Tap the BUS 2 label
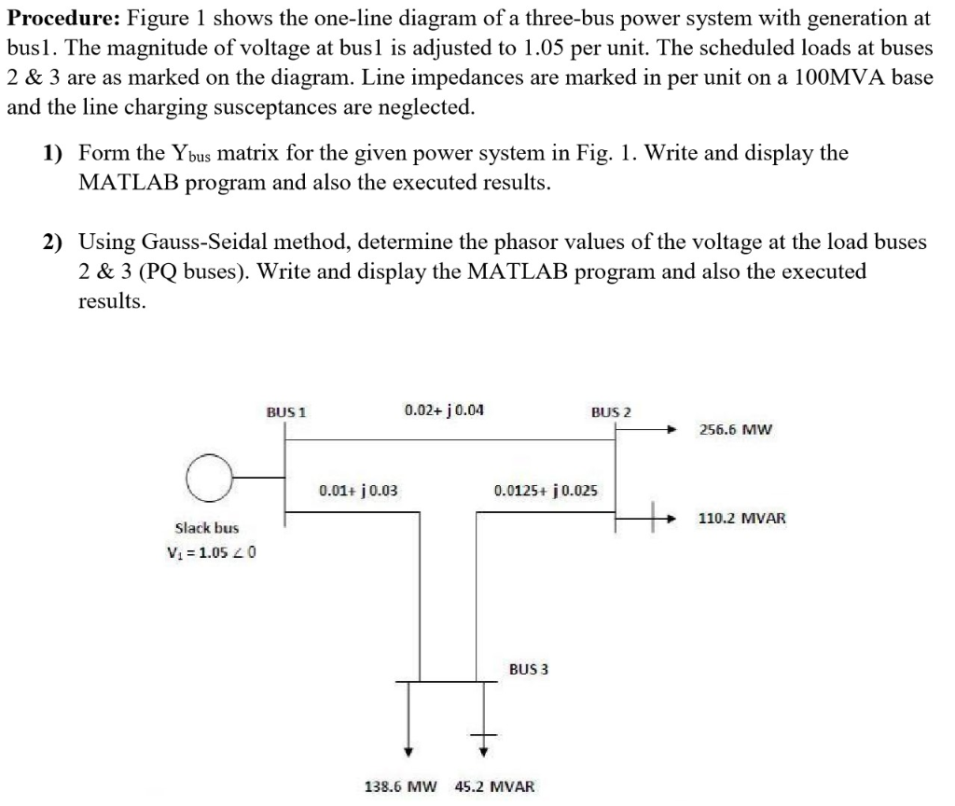[x=611, y=411]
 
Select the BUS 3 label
[x=529, y=669]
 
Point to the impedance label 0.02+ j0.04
[x=444, y=410]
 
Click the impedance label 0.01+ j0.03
[x=359, y=489]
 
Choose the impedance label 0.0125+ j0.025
[x=547, y=489]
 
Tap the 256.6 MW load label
[x=736, y=430]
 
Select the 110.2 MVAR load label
[x=742, y=517]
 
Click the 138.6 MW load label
[x=399, y=785]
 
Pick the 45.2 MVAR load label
[x=495, y=785]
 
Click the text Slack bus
[x=207, y=527]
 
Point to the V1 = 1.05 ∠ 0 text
[x=211, y=551]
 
